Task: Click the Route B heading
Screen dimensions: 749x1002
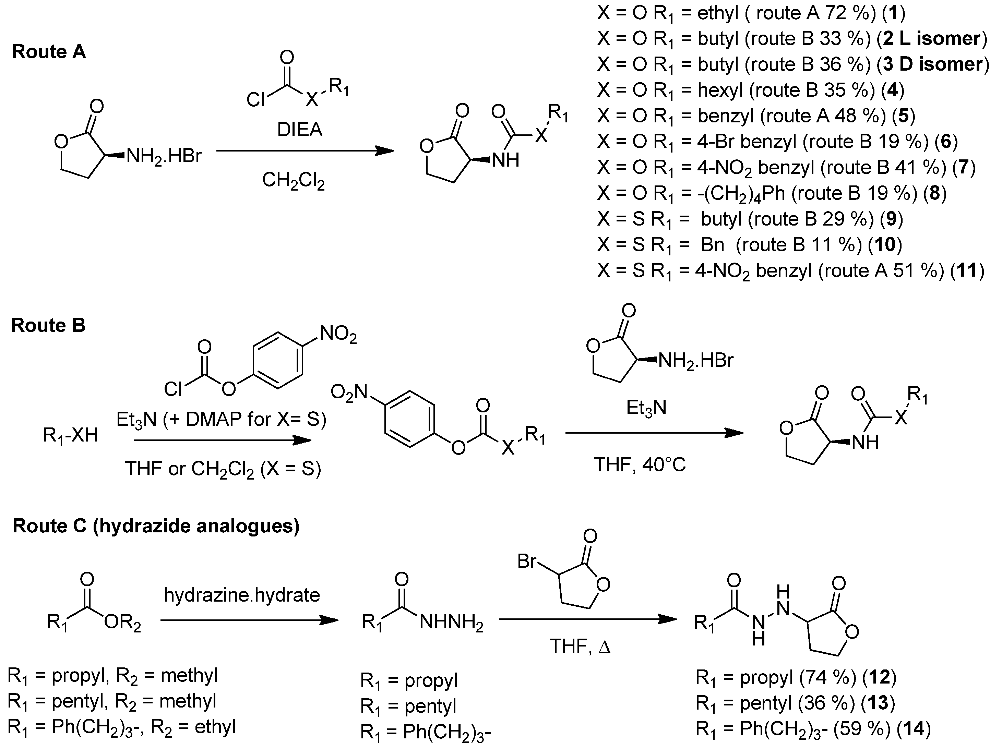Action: click(48, 326)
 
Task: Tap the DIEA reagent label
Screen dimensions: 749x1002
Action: click(300, 130)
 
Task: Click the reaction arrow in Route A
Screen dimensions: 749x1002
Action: click(305, 151)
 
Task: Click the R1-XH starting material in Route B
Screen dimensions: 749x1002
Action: click(70, 436)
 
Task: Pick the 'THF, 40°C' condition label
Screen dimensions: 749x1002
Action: click(640, 464)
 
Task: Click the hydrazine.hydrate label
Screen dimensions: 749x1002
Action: click(242, 595)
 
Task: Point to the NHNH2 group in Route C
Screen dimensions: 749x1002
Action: click(451, 623)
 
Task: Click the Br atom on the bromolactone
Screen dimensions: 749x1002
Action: click(527, 561)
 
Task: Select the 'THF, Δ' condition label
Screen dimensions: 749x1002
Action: click(580, 646)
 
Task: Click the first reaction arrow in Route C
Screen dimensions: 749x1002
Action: click(249, 620)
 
